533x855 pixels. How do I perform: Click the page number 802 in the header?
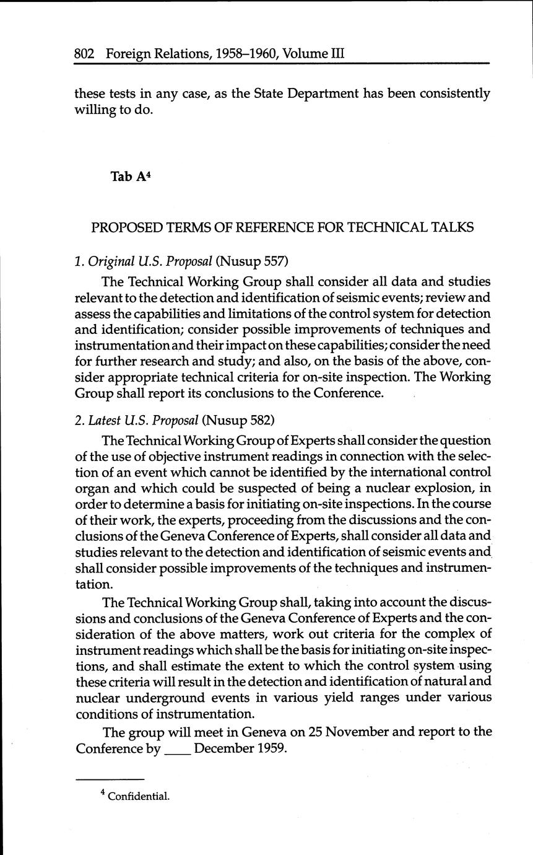[x=84, y=54]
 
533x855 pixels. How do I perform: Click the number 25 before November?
[x=315, y=732]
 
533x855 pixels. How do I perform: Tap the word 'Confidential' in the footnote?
[x=139, y=797]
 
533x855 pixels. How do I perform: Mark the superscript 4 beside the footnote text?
[x=103, y=794]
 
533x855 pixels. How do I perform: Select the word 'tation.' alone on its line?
[x=95, y=585]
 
